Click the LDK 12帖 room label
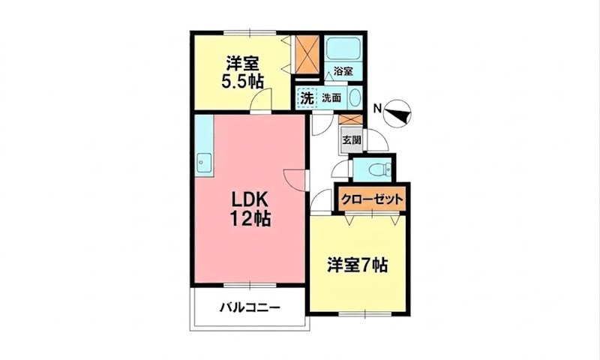(x=250, y=209)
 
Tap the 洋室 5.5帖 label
(x=242, y=72)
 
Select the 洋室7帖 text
(x=358, y=265)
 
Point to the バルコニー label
(x=250, y=307)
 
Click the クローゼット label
(x=372, y=199)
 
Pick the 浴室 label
(x=343, y=71)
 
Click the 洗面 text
(x=331, y=98)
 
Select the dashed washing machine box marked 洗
(x=307, y=98)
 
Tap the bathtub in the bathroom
(x=343, y=49)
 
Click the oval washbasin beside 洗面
(x=355, y=98)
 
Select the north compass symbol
(x=397, y=112)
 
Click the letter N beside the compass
(x=377, y=109)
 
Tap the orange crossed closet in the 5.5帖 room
(x=307, y=54)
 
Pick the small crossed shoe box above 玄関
(x=350, y=119)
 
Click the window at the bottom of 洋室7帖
(x=365, y=314)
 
